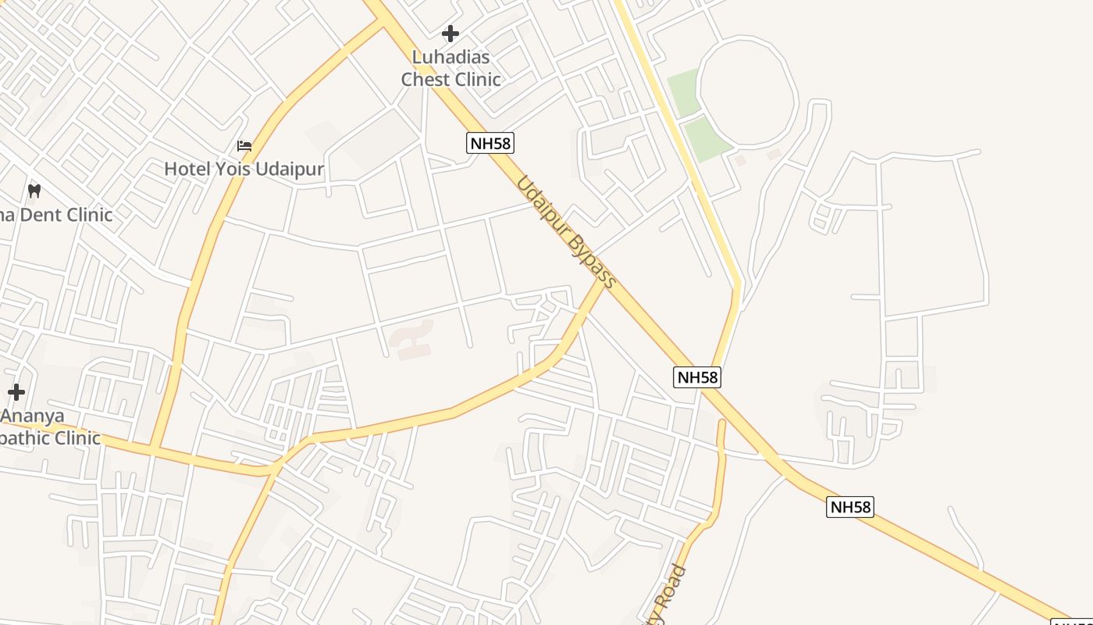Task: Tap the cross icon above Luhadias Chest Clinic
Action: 450,34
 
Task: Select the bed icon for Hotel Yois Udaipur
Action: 244,146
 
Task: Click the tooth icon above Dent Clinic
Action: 34,190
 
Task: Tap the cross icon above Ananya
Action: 16,392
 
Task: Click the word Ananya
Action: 34,416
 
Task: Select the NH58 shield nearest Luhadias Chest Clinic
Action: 490,143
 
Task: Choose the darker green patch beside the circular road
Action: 707,138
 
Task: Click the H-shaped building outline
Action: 411,339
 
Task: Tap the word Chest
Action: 426,79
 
